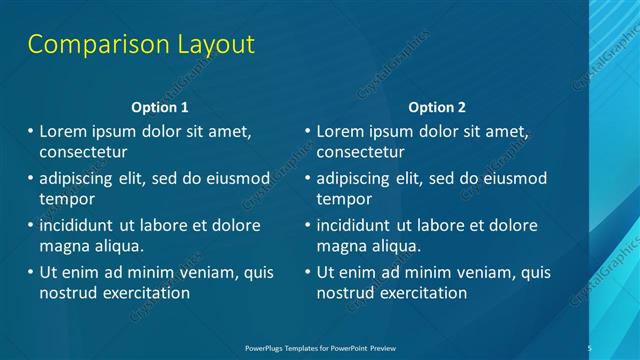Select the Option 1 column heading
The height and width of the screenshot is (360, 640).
tap(159, 107)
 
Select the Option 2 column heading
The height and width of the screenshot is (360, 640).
tap(437, 107)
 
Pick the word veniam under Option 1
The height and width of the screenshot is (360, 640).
tap(204, 272)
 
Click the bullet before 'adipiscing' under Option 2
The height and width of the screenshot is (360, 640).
tap(308, 179)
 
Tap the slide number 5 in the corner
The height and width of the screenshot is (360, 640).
tap(590, 347)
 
